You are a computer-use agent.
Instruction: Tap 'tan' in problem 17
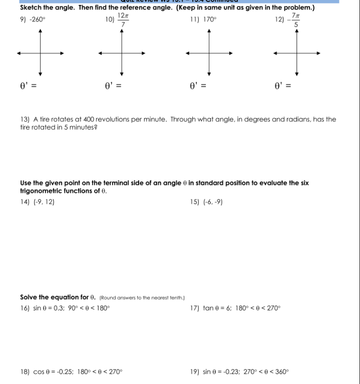(x=208, y=308)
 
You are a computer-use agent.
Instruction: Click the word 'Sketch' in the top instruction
(x=32, y=8)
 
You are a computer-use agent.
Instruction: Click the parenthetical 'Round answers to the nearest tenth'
(x=142, y=298)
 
